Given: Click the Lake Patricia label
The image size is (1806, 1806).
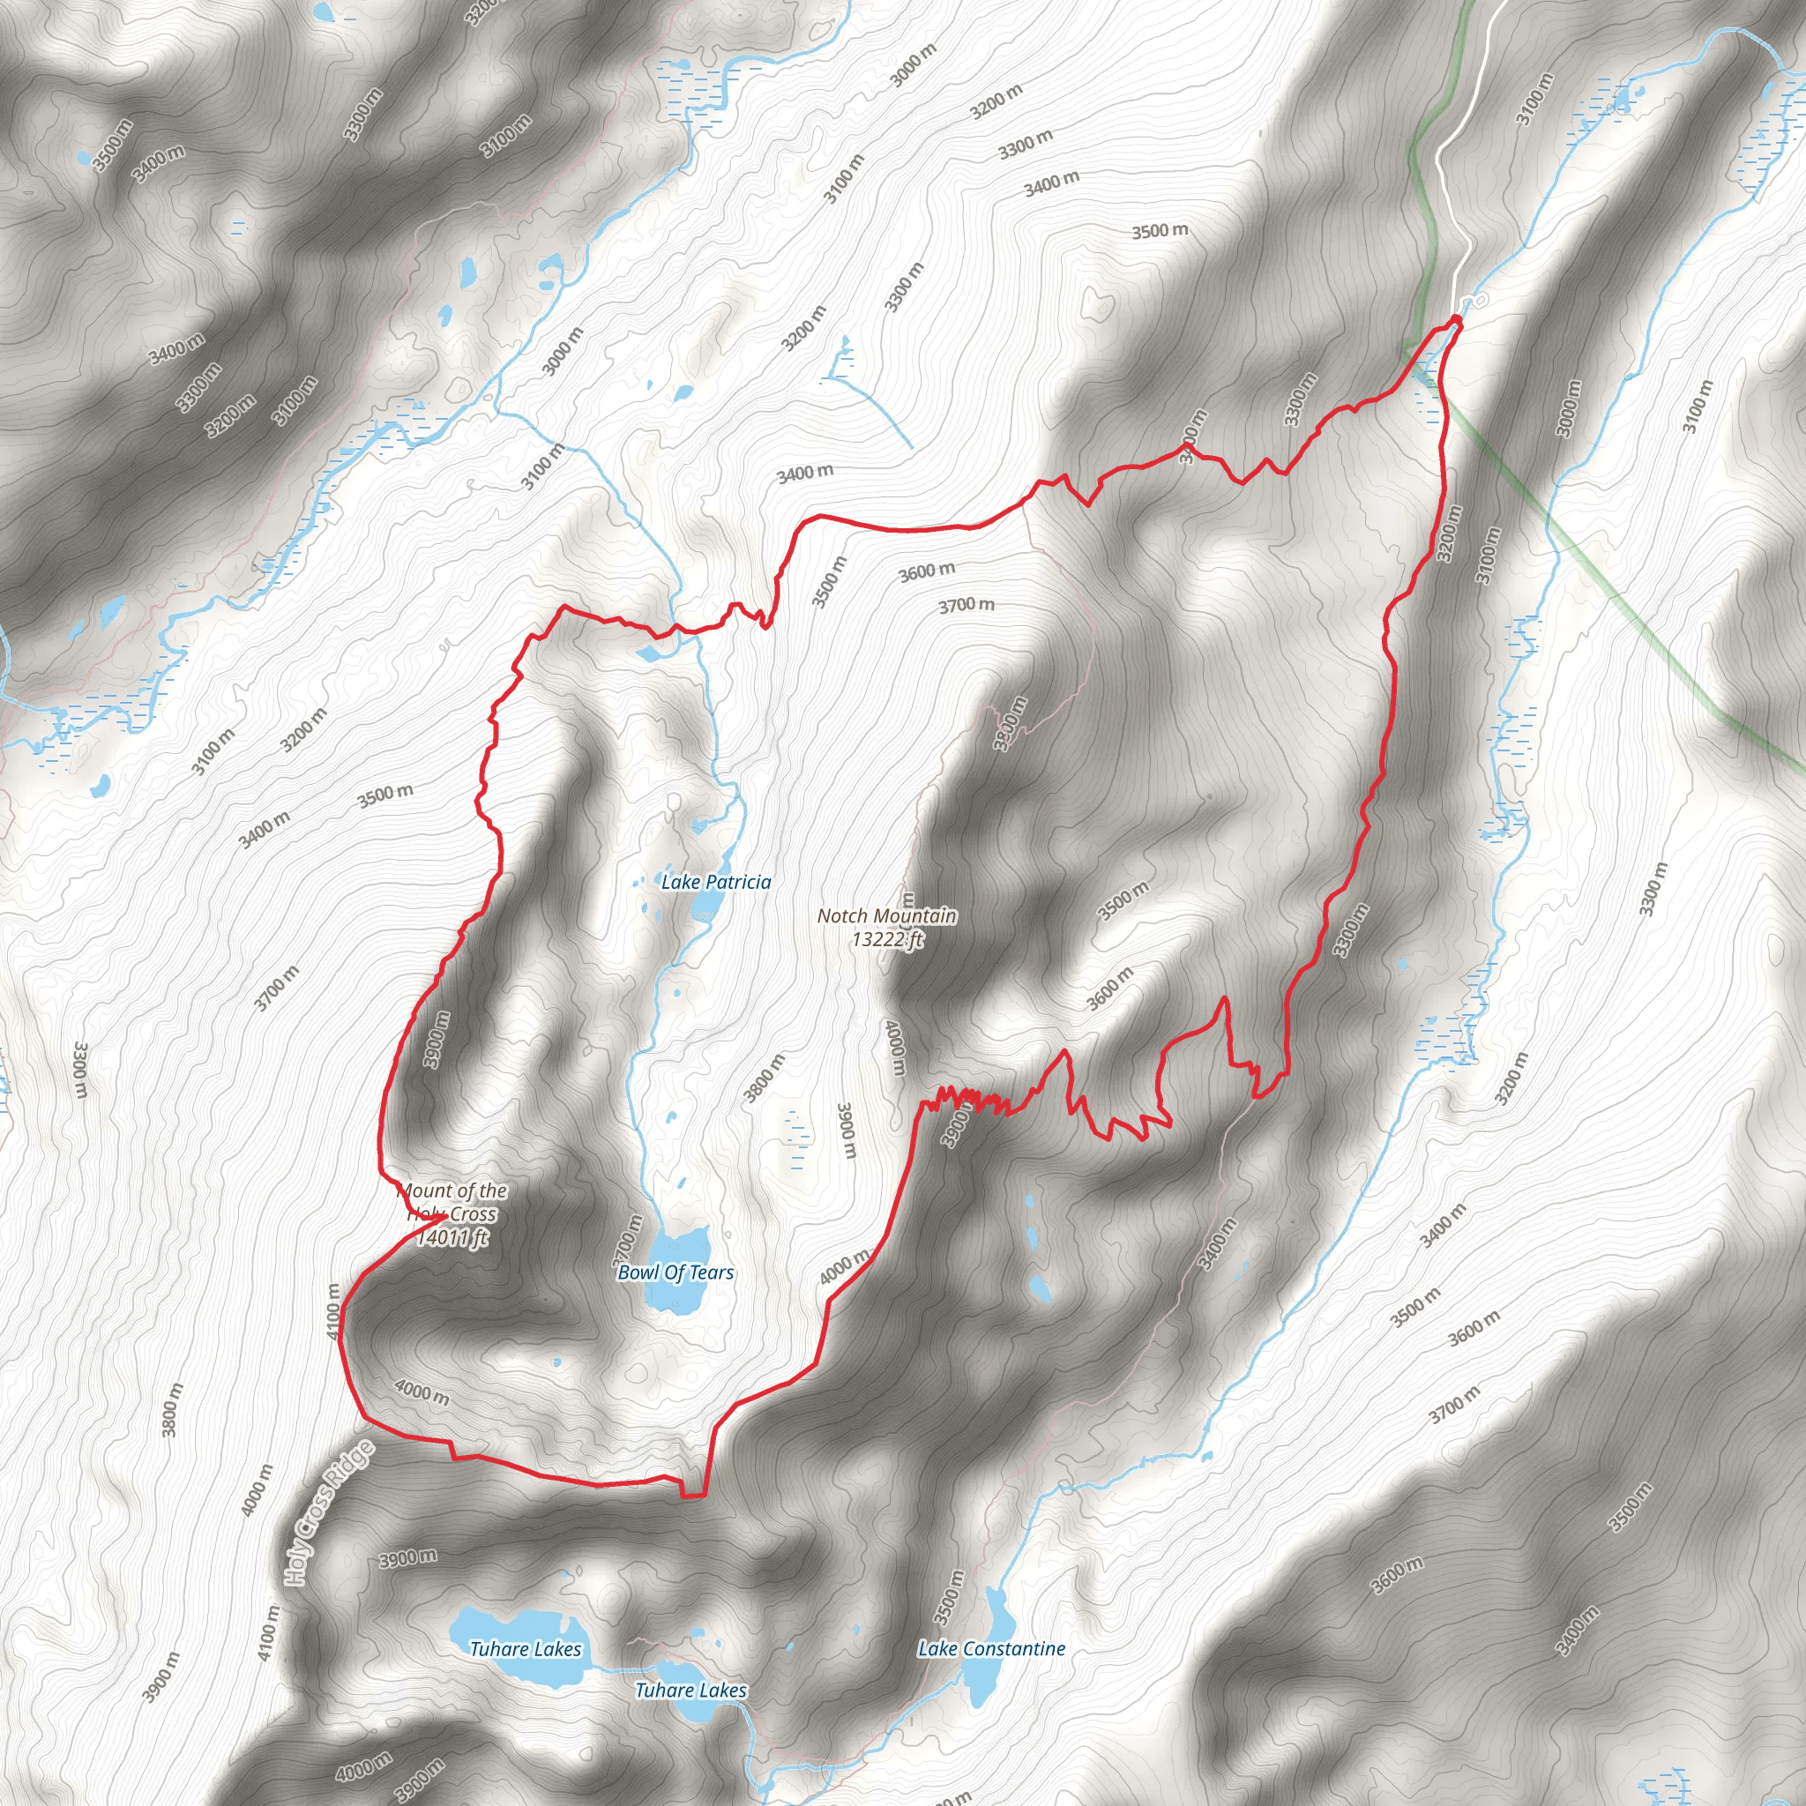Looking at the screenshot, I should coord(716,882).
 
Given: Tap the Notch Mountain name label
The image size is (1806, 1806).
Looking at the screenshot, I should coord(886,916).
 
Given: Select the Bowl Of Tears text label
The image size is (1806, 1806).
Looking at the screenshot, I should coord(675,1272).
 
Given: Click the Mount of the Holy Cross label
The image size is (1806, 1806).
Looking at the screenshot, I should coord(452,1202).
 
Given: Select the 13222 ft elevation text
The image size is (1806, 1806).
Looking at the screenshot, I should coord(886,938).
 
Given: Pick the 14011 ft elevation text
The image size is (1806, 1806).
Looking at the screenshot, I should coord(451,1239).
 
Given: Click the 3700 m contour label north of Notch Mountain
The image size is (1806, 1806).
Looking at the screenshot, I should coord(966,606).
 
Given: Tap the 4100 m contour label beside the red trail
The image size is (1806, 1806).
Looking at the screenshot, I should coord(334,1310).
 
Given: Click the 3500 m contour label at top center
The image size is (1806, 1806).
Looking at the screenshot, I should coord(1160,230).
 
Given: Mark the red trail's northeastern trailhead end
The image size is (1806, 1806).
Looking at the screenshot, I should coord(1457,320).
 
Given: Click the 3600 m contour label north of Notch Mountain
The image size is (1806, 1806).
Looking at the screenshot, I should coord(928,571).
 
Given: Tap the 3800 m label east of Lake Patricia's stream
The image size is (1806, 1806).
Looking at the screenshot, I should coord(765,1078).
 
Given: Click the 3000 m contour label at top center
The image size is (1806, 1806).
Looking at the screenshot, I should coord(913,66).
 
